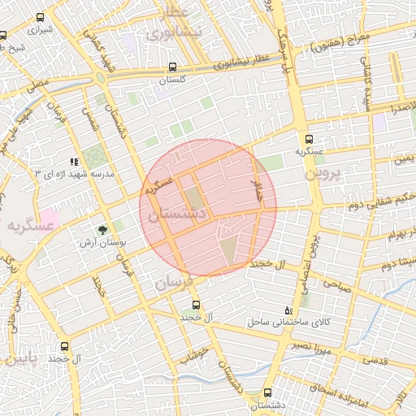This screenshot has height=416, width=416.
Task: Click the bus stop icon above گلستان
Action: coord(171,68)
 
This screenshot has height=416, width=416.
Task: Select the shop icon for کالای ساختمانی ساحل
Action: coord(287,311)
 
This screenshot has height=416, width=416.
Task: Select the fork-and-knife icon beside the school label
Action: coord(74,162)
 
